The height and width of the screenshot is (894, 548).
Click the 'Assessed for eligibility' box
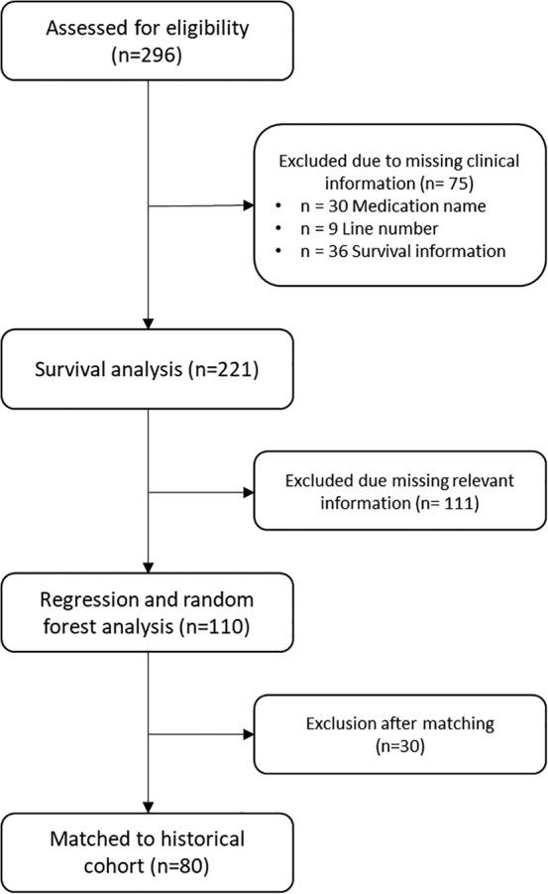(148, 41)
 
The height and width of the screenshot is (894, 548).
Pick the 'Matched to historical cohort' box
(148, 851)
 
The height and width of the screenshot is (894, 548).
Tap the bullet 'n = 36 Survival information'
(400, 251)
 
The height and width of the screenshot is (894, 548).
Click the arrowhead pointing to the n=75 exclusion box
(248, 206)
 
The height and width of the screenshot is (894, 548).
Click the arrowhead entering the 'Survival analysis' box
(148, 325)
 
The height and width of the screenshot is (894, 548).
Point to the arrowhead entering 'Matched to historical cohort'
(148, 807)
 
